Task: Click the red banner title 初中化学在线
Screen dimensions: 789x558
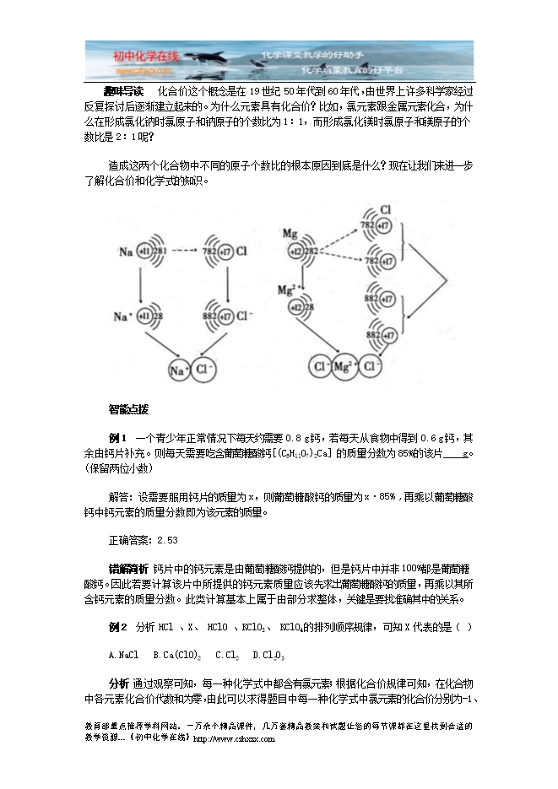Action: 146,56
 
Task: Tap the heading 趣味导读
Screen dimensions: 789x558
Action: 123,90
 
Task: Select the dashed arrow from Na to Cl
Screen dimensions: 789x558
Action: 191,251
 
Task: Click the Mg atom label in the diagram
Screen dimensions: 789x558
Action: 290,232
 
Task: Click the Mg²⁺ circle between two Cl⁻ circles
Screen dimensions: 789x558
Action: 343,368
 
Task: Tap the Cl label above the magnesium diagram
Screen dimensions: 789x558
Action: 385,208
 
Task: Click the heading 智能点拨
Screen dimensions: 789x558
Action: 128,409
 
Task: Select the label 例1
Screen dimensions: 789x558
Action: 117,438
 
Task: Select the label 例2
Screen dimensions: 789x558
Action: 117,627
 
